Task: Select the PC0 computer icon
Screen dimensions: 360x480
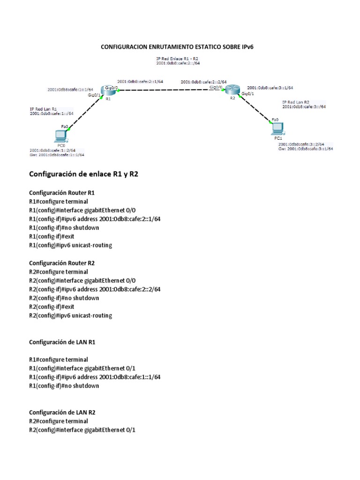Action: pos(60,135)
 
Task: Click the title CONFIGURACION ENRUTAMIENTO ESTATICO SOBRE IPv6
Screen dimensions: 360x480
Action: pos(180,47)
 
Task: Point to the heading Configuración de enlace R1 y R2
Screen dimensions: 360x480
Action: pos(84,174)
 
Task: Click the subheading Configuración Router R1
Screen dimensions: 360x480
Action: pos(62,193)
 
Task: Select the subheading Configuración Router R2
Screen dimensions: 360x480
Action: pos(62,263)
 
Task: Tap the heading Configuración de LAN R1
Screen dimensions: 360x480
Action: pos(62,342)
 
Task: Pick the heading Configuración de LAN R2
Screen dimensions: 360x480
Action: pos(62,412)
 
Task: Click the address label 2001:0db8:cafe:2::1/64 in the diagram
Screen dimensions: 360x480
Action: pos(140,81)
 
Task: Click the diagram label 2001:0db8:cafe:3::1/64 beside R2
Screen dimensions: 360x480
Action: pos(270,88)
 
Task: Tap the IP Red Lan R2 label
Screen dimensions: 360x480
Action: pos(296,102)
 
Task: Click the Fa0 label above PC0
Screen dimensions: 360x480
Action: pos(65,127)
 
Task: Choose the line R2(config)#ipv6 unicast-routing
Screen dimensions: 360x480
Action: pos(71,315)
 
